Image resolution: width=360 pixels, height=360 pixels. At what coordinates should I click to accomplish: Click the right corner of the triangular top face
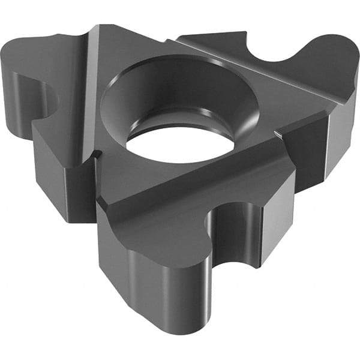[327, 111]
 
